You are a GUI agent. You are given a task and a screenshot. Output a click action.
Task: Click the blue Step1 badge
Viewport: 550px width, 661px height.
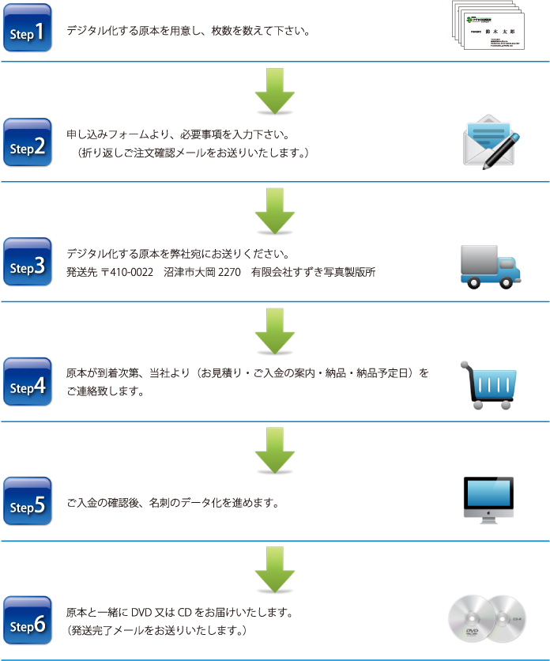28,28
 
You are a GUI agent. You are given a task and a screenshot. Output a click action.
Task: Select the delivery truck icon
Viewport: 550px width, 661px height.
491,264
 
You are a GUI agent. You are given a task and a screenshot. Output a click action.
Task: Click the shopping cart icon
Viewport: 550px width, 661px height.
489,384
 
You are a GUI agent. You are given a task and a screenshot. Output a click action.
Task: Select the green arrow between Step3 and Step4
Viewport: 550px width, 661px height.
274,331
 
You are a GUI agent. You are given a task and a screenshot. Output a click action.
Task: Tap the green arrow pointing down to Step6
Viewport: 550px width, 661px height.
274,571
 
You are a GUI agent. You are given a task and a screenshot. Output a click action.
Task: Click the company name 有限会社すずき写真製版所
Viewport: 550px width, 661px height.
314,273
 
